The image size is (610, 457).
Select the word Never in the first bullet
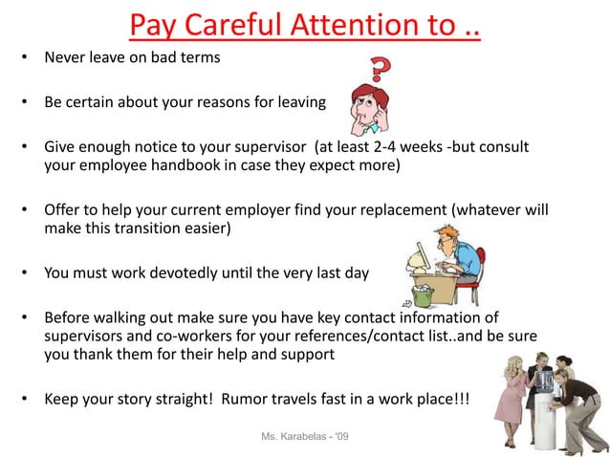pos(64,57)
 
